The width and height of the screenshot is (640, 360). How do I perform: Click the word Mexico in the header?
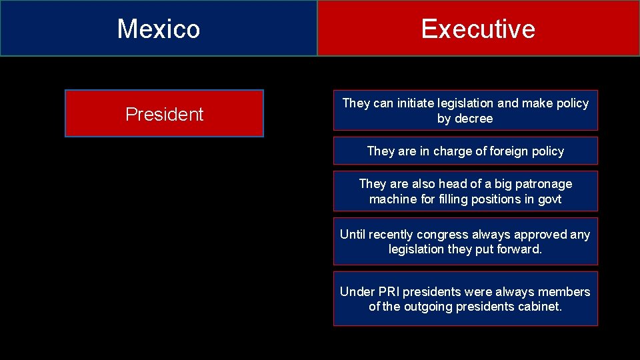pyautogui.click(x=159, y=29)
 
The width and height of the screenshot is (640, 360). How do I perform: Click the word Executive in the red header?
pyautogui.click(x=478, y=29)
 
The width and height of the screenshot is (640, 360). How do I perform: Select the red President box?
pyautogui.click(x=164, y=114)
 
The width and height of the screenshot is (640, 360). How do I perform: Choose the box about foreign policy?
pyautogui.click(x=465, y=151)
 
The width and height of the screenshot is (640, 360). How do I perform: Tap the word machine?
pyautogui.click(x=391, y=199)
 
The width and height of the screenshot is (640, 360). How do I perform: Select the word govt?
pyautogui.click(x=548, y=199)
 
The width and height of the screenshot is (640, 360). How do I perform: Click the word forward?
pyautogui.click(x=520, y=249)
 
